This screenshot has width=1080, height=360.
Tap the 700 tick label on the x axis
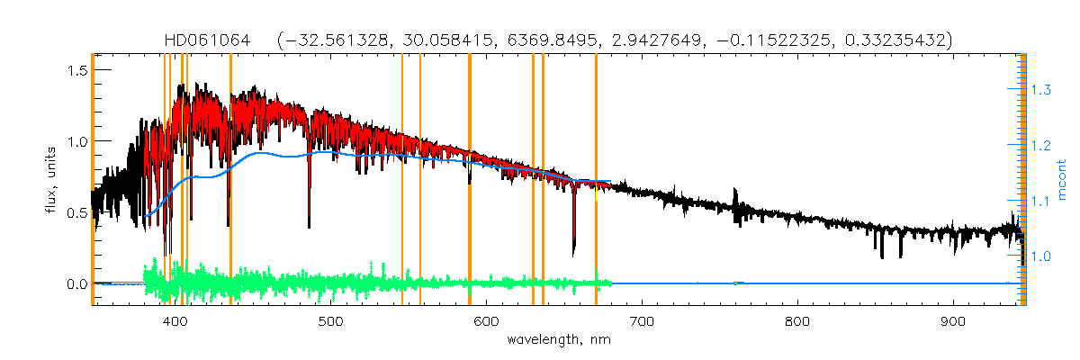coord(642,321)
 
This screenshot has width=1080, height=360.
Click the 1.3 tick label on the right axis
coord(1041,90)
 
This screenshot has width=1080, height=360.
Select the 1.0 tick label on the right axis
coord(1041,256)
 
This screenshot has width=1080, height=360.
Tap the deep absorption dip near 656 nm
coord(574,243)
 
